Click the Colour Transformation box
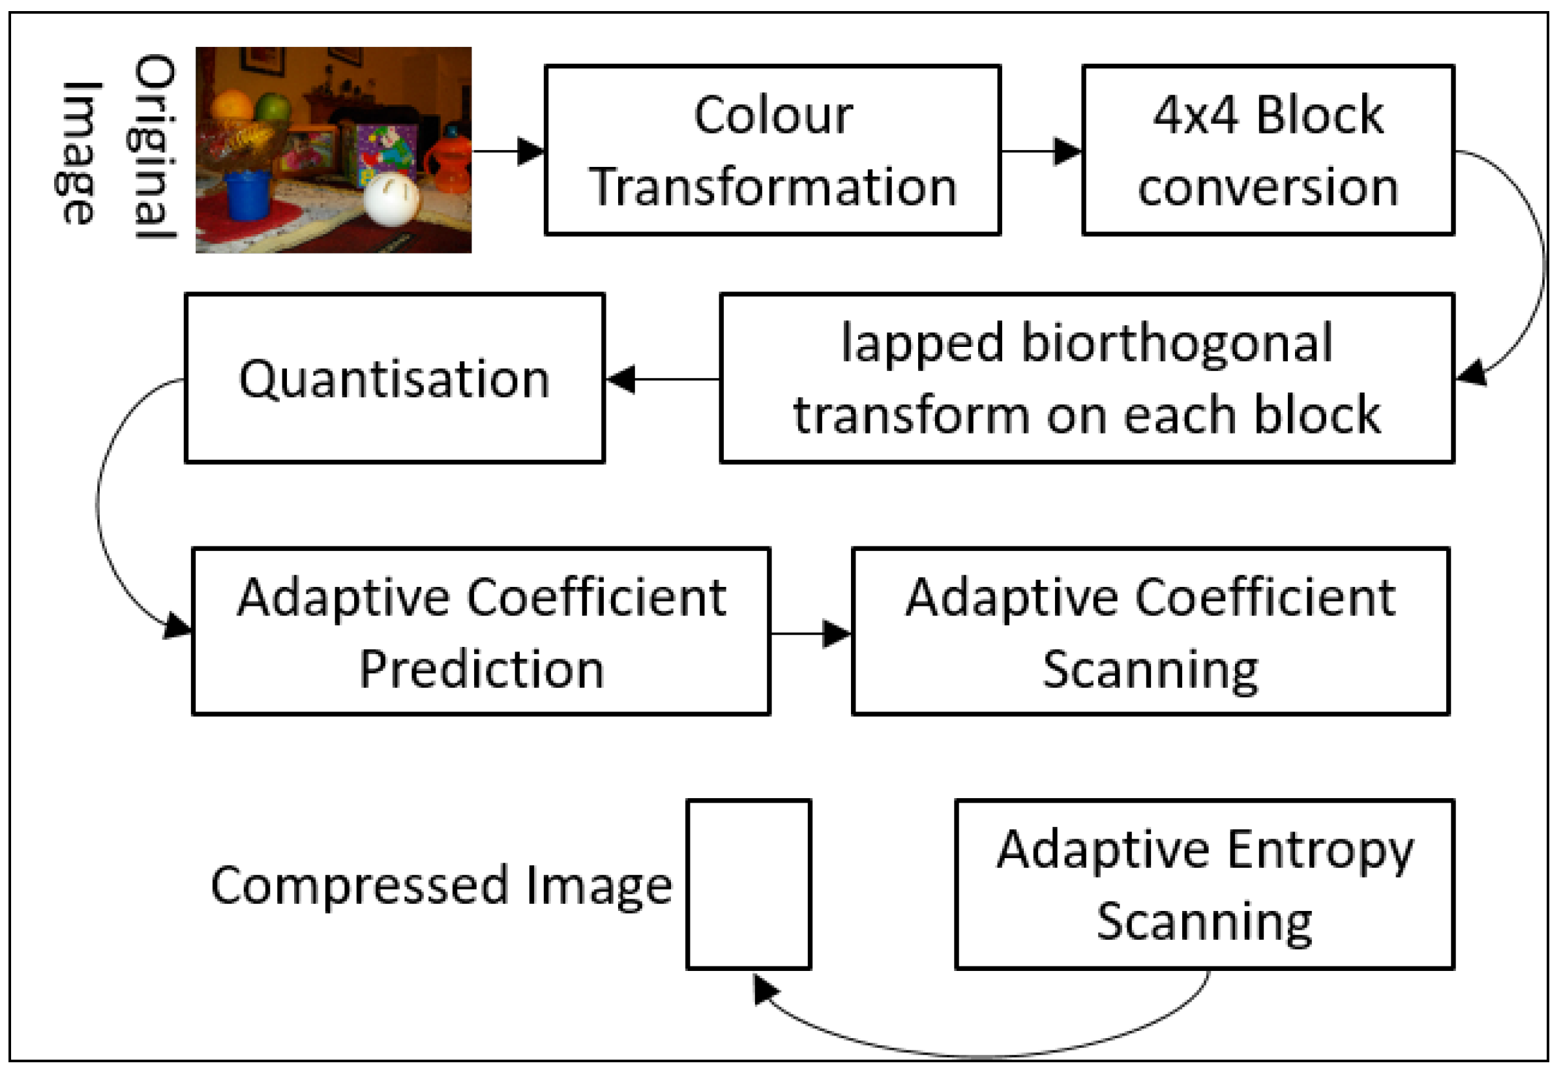pyautogui.click(x=773, y=150)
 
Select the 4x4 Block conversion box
pyautogui.click(x=1268, y=150)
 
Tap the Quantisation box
pyautogui.click(x=395, y=378)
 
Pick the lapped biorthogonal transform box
pyautogui.click(x=1086, y=378)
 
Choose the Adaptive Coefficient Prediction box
pyautogui.click(x=481, y=632)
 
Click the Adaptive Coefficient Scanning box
pyautogui.click(x=1150, y=632)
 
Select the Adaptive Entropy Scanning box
pyautogui.click(x=1204, y=884)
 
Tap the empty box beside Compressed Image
pyautogui.click(x=749, y=884)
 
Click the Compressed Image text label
pyautogui.click(x=441, y=886)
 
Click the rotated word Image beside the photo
pyautogui.click(x=80, y=153)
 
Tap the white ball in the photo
pyautogui.click(x=391, y=199)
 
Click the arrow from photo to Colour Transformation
pyautogui.click(x=509, y=151)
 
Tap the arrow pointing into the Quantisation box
pyautogui.click(x=662, y=379)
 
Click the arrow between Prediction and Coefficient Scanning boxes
pyautogui.click(x=811, y=633)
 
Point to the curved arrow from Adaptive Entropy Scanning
pyautogui.click(x=983, y=1053)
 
